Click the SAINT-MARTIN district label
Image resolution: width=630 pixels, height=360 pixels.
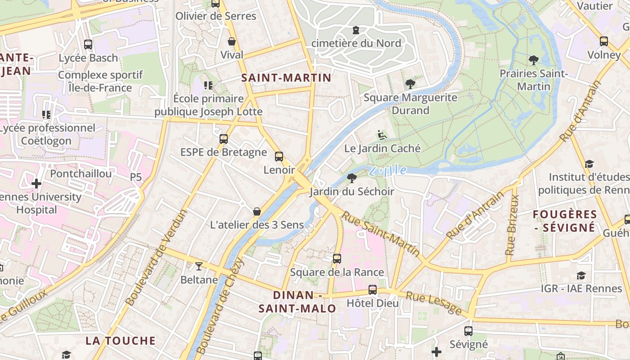click(x=286, y=77)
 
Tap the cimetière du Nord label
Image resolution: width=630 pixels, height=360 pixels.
click(x=356, y=44)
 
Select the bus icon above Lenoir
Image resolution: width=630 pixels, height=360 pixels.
click(x=279, y=157)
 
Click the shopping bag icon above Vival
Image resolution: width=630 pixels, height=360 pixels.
click(x=232, y=42)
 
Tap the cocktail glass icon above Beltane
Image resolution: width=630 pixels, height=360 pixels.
click(x=198, y=266)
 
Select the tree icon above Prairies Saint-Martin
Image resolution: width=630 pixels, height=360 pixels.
click(x=534, y=60)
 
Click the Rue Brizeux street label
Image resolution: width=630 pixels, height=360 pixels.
click(x=512, y=225)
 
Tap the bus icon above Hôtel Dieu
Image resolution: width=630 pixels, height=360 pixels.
click(x=373, y=290)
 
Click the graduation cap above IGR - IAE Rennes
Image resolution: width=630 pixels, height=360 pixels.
click(x=581, y=275)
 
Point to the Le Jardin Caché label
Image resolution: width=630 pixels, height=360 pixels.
click(x=382, y=148)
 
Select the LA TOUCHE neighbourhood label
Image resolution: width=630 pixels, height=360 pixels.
click(x=121, y=341)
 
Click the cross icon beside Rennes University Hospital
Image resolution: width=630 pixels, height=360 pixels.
click(x=37, y=184)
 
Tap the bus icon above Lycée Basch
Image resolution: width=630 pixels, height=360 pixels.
click(x=88, y=45)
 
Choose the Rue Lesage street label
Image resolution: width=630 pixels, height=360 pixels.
click(x=434, y=303)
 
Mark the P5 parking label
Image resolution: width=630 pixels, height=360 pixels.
click(x=136, y=177)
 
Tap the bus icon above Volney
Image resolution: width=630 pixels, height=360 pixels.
click(x=604, y=41)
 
